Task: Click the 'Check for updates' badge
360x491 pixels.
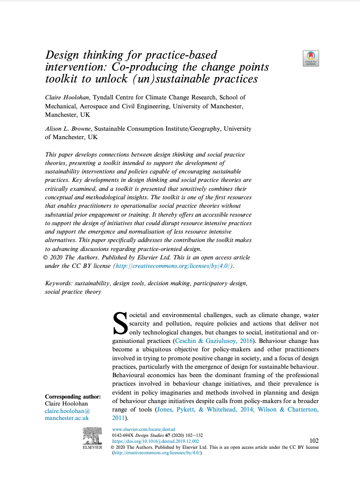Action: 311,59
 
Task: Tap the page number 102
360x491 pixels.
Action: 314,441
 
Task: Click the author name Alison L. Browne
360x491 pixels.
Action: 68,129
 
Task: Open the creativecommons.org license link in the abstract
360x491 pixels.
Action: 173,266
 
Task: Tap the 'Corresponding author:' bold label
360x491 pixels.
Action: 73,397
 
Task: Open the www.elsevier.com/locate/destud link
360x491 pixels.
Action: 144,429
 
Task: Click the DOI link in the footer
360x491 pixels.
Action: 156,441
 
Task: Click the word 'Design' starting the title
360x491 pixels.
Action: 63,55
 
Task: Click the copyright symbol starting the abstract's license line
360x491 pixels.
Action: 47,258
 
